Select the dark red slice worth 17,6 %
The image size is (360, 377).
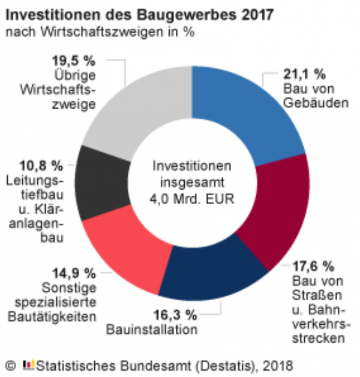tap(276, 210)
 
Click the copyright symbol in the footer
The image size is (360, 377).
tap(10, 364)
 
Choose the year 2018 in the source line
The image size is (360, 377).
tap(280, 364)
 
